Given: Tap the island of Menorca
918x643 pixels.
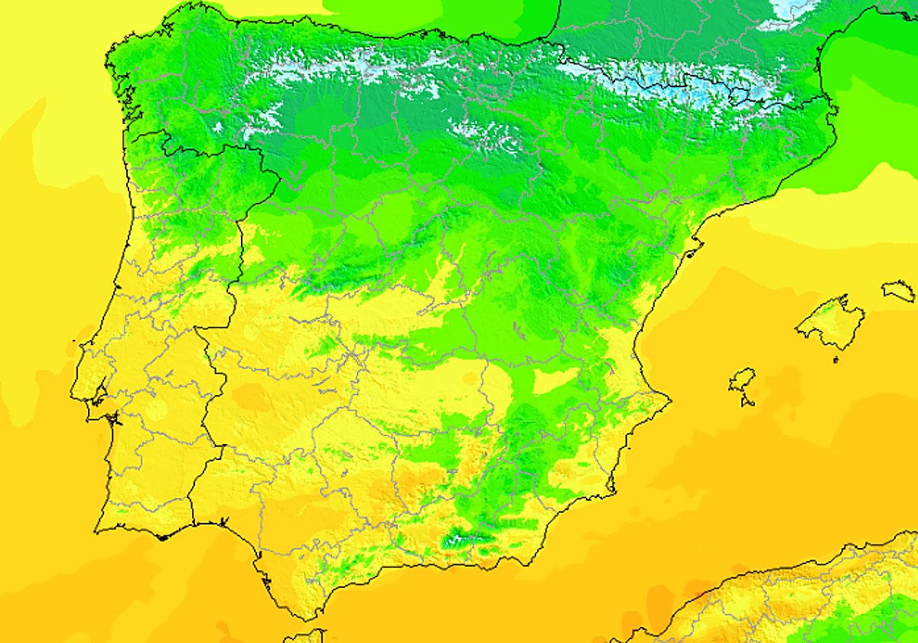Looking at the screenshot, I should [x=899, y=291].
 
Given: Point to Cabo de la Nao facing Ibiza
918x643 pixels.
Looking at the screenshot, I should [x=670, y=399].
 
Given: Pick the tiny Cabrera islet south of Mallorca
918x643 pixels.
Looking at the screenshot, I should [x=835, y=359].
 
